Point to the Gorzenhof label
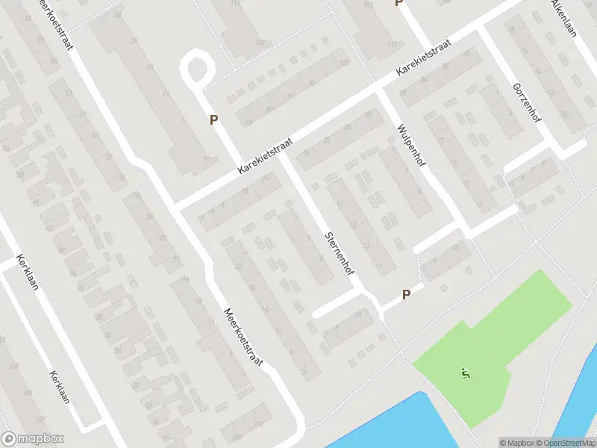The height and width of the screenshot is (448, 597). pyautogui.click(x=527, y=104)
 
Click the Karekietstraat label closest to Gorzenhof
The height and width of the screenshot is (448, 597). pyautogui.click(x=425, y=58)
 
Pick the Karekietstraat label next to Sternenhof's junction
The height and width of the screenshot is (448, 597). pyautogui.click(x=265, y=155)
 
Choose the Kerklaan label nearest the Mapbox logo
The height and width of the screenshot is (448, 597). pyautogui.click(x=60, y=387)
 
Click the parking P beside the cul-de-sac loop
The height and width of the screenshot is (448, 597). pyautogui.click(x=213, y=119)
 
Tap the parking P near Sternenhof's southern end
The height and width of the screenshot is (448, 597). pyautogui.click(x=406, y=294)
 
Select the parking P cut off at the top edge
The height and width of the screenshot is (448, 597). pyautogui.click(x=398, y=3)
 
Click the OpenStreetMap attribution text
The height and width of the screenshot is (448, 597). pyautogui.click(x=564, y=443)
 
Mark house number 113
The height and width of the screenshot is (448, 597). pyautogui.click(x=393, y=44)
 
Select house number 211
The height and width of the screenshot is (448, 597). pyautogui.click(x=258, y=425)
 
